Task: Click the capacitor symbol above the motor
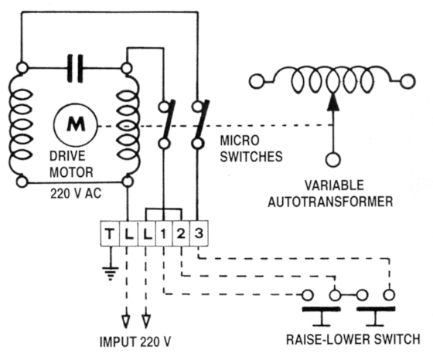pyautogui.click(x=75, y=68)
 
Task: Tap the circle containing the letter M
pyautogui.click(x=76, y=125)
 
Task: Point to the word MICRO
pyautogui.click(x=240, y=141)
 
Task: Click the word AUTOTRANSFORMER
pyautogui.click(x=330, y=202)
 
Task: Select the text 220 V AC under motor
pyautogui.click(x=76, y=193)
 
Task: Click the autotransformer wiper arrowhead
pyautogui.click(x=333, y=102)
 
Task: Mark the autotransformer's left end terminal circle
pyautogui.click(x=257, y=81)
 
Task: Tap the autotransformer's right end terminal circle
pyautogui.click(x=407, y=81)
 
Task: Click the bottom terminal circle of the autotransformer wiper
pyautogui.click(x=333, y=159)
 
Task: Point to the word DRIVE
pyautogui.click(x=67, y=156)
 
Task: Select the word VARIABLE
pyautogui.click(x=334, y=185)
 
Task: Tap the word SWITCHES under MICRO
pyautogui.click(x=251, y=157)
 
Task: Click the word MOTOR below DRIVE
pyautogui.click(x=71, y=172)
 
